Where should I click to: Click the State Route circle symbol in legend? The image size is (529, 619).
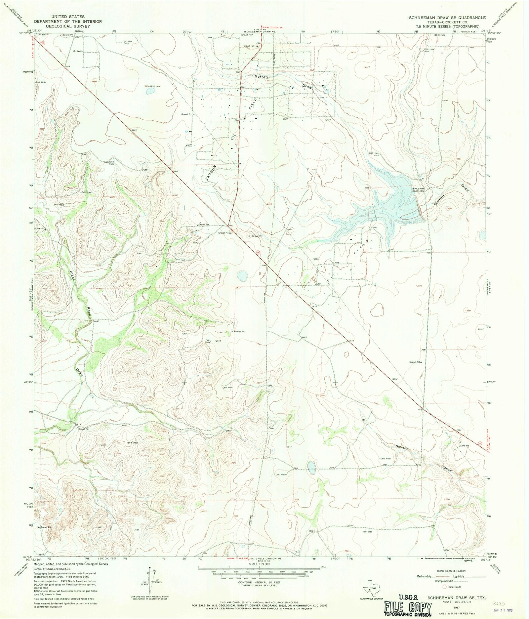[x=445, y=587]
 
